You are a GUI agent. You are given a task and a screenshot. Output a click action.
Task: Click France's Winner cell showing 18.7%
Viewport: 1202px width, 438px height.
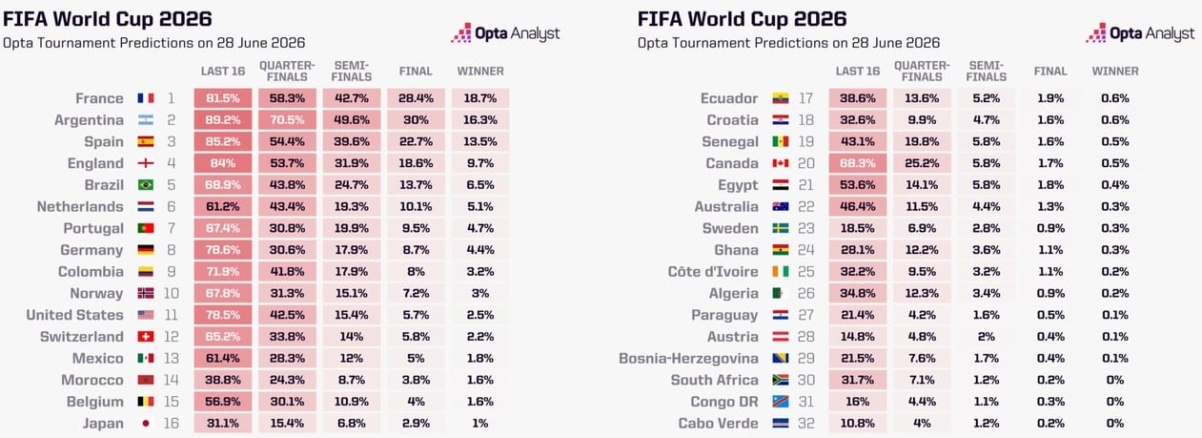(480, 98)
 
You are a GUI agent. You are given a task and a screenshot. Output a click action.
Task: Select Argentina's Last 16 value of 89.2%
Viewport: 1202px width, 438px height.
(223, 120)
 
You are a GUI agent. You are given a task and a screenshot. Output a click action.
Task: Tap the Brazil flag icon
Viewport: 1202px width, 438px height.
(146, 185)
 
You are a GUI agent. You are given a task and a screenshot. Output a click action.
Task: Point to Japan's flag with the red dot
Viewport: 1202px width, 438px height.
(146, 424)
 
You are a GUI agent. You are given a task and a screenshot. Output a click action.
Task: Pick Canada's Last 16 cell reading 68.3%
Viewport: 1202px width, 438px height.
(858, 163)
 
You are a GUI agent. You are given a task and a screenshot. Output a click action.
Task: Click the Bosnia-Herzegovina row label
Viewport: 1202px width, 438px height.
(688, 359)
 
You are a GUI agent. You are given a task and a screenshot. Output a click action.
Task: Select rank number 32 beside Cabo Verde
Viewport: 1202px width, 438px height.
(806, 424)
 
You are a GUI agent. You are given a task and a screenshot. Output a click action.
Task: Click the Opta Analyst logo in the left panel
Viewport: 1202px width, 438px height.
(505, 33)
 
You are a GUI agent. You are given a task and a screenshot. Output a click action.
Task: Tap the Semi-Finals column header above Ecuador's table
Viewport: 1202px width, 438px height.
(987, 71)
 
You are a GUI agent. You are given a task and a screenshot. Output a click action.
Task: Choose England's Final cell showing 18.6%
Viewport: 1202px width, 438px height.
(416, 163)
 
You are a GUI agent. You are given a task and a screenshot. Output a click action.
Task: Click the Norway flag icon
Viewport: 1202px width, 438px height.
(146, 294)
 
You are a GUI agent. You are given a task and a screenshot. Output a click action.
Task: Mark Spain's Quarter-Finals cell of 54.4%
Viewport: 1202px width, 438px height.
(287, 142)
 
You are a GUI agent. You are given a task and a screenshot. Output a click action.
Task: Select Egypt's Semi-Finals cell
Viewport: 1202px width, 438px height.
(987, 185)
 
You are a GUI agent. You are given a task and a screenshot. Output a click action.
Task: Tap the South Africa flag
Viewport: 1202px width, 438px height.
(781, 380)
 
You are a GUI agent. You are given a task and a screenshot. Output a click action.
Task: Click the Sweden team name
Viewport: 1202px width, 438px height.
(730, 228)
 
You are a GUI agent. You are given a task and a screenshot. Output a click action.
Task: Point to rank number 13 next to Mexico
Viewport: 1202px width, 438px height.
(172, 359)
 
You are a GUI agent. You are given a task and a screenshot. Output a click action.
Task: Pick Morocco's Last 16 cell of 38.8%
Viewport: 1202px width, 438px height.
(223, 380)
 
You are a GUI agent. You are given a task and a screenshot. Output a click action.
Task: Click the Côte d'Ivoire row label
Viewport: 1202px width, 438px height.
(713, 271)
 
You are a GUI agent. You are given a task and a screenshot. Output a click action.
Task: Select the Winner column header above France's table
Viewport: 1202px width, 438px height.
(480, 71)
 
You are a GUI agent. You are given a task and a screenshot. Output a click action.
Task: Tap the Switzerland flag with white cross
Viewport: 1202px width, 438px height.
(146, 337)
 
